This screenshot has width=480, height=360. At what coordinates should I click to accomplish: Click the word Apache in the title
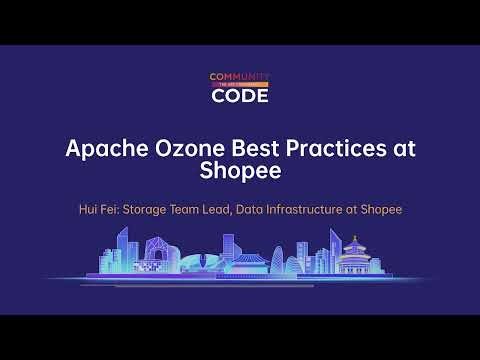101,147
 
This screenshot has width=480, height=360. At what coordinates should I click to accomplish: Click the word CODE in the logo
240,97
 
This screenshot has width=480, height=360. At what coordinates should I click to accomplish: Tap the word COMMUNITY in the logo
240,77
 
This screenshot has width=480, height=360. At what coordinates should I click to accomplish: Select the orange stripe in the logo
240,86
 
